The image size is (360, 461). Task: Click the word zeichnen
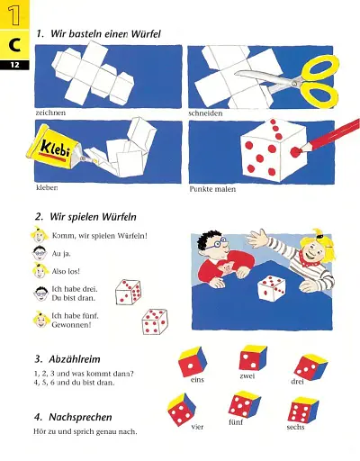(x=50, y=113)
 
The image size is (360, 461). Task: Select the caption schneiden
(x=205, y=113)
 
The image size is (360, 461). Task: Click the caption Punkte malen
(x=212, y=189)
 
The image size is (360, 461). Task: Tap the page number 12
(x=14, y=65)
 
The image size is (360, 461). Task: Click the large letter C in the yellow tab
(x=14, y=45)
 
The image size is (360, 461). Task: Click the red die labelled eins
(x=193, y=362)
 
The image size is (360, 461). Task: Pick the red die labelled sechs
(x=302, y=410)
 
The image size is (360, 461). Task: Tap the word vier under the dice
(x=197, y=427)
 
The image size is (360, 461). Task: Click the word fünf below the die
(x=236, y=422)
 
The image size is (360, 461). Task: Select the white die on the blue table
(x=272, y=288)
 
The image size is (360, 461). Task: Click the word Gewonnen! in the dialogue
(x=71, y=325)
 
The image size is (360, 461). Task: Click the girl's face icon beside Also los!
(x=40, y=270)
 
